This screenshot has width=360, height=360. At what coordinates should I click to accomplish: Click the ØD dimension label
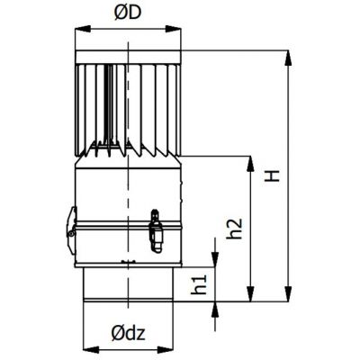[128, 13]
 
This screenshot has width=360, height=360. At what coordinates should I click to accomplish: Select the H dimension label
[273, 175]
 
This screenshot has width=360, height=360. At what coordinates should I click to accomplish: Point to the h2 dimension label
[234, 229]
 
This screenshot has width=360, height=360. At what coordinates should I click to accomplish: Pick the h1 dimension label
[199, 284]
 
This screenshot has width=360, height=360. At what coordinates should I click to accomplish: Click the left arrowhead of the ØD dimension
[83, 29]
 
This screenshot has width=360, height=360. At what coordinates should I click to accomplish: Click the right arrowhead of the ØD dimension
[174, 29]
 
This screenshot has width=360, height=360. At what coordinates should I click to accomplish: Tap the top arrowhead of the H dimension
[288, 58]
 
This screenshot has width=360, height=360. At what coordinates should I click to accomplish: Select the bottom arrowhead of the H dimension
[288, 293]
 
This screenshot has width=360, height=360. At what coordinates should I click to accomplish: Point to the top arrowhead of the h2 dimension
[250, 164]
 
